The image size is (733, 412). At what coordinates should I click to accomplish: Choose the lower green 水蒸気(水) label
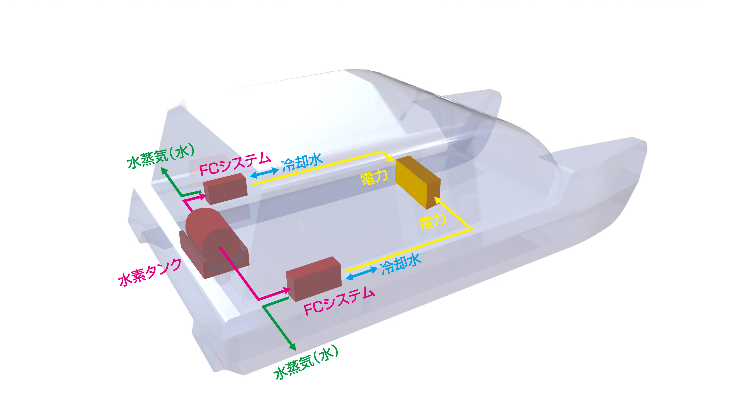[306, 363]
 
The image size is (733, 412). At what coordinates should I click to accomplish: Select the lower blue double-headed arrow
[362, 273]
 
